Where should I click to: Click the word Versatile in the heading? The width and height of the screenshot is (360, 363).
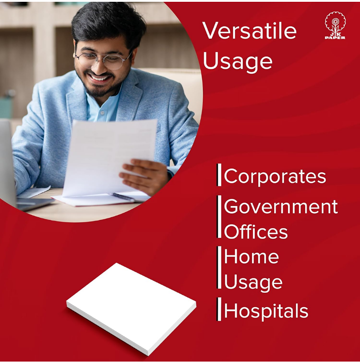point(249,31)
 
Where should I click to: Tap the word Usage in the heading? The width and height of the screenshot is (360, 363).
point(238,62)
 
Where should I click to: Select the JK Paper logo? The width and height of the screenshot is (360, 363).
point(335,26)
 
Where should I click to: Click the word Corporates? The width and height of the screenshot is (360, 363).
point(275,176)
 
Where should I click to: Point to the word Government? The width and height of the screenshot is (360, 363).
point(281,206)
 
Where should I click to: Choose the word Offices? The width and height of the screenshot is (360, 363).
point(256,232)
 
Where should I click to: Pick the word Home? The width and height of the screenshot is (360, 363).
point(252,256)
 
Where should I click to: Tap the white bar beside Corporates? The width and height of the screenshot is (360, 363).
point(219,175)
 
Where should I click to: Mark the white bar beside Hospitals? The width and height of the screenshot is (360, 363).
point(219,309)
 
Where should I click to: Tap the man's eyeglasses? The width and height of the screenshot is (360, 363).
point(103,59)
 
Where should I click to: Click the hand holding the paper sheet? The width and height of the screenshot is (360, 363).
point(144,175)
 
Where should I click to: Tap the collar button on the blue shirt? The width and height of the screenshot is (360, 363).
point(102,113)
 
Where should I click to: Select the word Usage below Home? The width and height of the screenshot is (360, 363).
point(253,282)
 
